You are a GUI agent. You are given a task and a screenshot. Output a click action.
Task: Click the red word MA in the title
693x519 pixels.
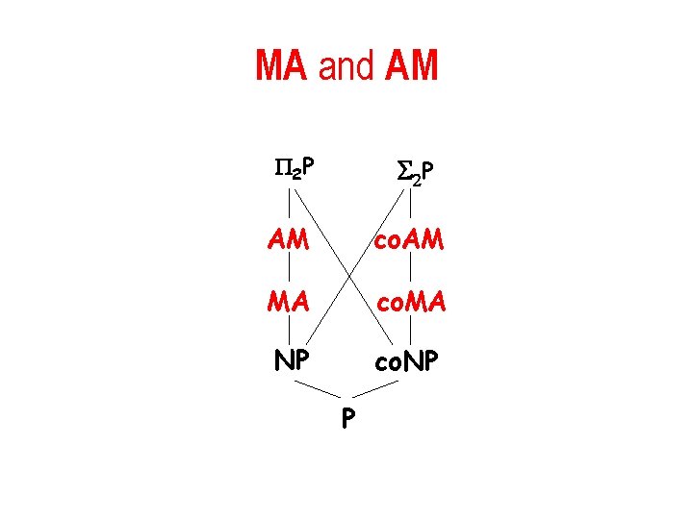(x=281, y=65)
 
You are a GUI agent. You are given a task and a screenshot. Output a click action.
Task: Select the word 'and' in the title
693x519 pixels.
(x=346, y=65)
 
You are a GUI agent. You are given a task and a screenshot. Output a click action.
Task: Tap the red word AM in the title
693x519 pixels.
(x=411, y=65)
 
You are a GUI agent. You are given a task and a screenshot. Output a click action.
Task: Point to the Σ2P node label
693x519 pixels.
(x=415, y=171)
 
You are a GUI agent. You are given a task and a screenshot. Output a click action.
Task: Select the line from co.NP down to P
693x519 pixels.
(x=376, y=388)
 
